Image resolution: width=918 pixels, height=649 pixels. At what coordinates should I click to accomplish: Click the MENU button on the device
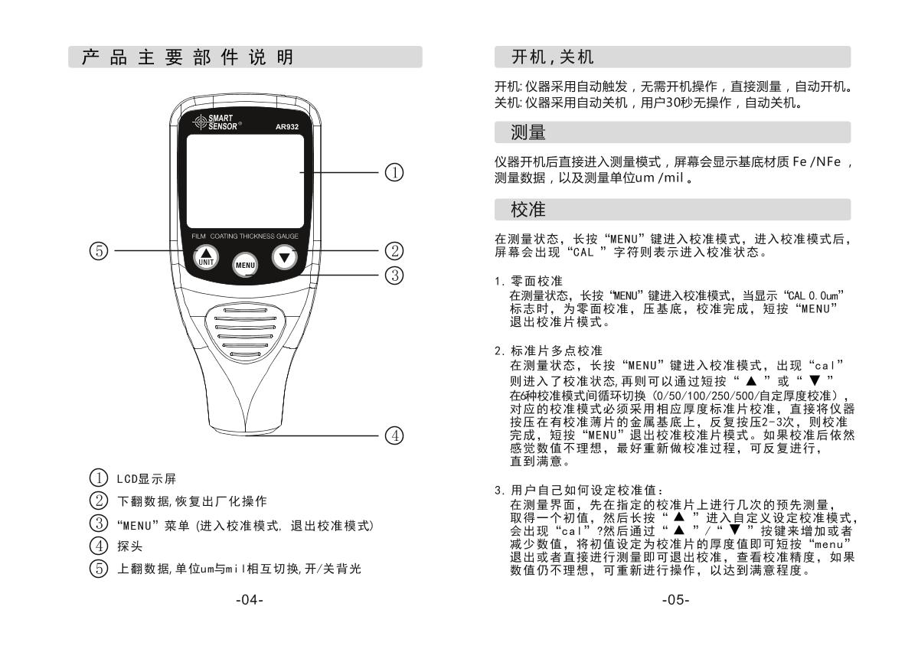[245, 265]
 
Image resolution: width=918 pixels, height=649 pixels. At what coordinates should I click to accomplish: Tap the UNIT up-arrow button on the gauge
[204, 256]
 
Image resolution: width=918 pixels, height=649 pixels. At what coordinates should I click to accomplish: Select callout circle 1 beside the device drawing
[394, 174]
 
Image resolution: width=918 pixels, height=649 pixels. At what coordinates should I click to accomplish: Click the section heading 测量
[528, 133]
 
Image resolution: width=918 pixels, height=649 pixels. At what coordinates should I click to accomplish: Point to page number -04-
[248, 599]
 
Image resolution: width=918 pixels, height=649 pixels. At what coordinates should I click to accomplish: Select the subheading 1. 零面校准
[528, 282]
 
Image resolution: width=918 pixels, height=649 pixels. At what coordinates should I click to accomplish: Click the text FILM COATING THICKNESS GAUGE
[245, 236]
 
